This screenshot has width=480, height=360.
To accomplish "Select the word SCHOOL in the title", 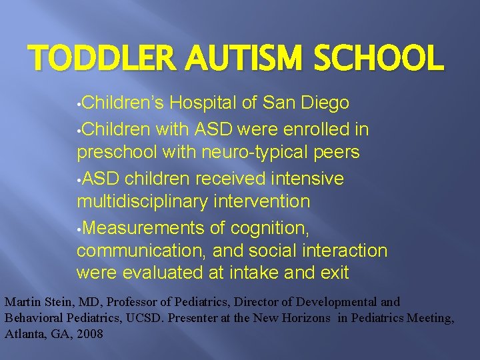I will tap(378, 59).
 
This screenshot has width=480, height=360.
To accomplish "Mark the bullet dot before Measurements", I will tap(79, 229).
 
